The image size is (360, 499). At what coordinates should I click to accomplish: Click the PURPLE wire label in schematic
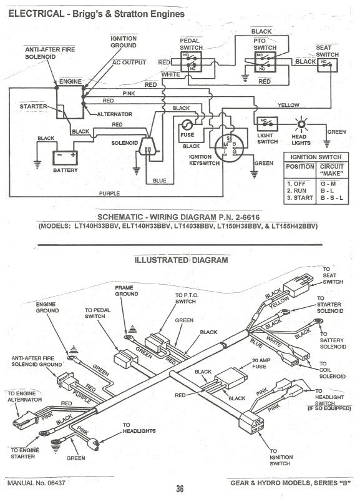[x=109, y=193]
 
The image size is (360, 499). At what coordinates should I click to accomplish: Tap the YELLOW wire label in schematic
[x=289, y=104]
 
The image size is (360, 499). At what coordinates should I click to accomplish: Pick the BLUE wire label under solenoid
[x=160, y=180]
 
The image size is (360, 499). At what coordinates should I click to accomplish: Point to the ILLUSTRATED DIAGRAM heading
[x=182, y=260]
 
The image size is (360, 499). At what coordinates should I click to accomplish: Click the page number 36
[x=180, y=489]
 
